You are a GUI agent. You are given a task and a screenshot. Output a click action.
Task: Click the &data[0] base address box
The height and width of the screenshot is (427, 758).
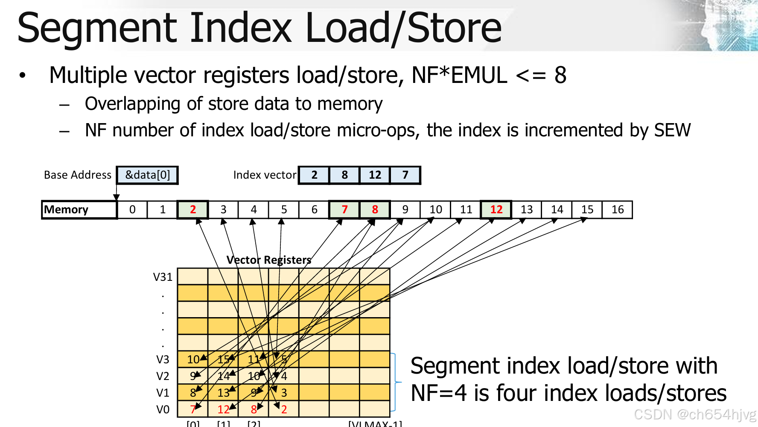pyautogui.click(x=147, y=175)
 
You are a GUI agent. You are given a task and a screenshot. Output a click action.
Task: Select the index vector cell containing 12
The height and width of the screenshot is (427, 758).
pyautogui.click(x=375, y=175)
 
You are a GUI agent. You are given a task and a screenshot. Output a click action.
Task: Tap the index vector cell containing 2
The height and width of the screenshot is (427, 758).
pyautogui.click(x=314, y=175)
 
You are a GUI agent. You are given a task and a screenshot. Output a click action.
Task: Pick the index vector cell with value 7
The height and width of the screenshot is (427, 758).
pyautogui.click(x=405, y=175)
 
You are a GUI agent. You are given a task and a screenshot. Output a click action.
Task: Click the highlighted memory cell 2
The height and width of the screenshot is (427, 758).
pyautogui.click(x=193, y=210)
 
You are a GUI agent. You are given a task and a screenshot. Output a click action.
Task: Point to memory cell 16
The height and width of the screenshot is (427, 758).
pyautogui.click(x=617, y=210)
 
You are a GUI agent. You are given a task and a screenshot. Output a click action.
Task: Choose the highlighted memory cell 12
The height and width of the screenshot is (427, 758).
pyautogui.click(x=496, y=210)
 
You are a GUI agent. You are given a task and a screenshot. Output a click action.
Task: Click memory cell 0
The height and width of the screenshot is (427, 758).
pyautogui.click(x=132, y=210)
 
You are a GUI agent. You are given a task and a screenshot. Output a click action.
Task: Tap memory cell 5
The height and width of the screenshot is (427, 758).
pyautogui.click(x=284, y=210)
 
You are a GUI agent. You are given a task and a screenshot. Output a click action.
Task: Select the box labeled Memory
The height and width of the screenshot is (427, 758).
pyautogui.click(x=79, y=210)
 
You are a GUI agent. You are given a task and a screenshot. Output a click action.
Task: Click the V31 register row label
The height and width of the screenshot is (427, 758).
pyautogui.click(x=163, y=277)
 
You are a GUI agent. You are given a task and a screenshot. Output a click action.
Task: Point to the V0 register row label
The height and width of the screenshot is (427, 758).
pyautogui.click(x=163, y=409)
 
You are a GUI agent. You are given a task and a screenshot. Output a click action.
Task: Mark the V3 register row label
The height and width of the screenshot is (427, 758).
pyautogui.click(x=163, y=359)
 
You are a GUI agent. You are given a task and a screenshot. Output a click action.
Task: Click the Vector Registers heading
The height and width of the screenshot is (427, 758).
pyautogui.click(x=269, y=260)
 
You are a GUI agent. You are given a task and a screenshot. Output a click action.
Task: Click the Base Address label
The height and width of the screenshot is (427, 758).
pyautogui.click(x=78, y=175)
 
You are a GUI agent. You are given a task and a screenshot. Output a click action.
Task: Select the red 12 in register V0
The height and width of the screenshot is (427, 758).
pyautogui.click(x=223, y=409)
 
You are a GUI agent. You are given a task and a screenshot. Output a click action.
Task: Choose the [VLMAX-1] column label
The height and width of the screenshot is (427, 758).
pyautogui.click(x=375, y=424)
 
